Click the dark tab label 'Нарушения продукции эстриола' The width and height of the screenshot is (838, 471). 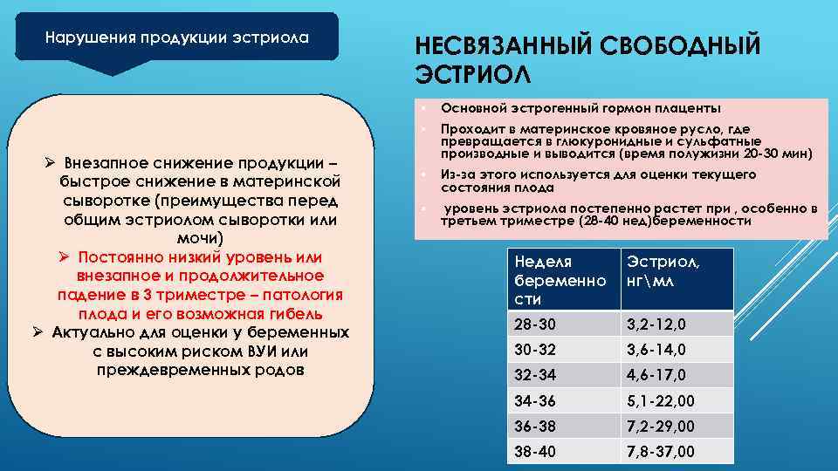tap(177, 38)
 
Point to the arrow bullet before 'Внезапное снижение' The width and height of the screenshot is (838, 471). tap(52, 164)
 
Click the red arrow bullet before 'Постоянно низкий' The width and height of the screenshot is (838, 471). tap(65, 258)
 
